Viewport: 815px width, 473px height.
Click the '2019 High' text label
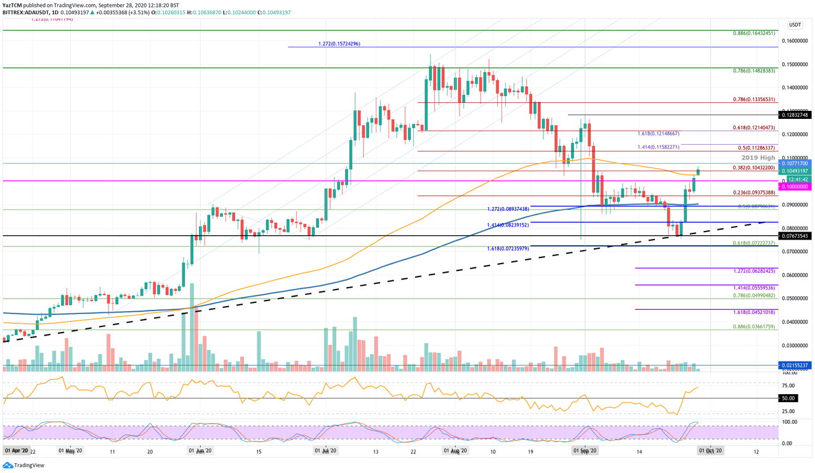pos(759,158)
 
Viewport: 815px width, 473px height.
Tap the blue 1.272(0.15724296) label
pos(339,44)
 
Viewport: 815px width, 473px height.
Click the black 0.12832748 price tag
pos(796,115)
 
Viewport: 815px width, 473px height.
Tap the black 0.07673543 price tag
pos(796,236)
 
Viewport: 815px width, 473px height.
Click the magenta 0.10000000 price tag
pos(796,187)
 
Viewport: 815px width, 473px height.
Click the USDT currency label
pos(795,25)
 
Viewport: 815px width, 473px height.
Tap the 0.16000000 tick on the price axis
pos(795,41)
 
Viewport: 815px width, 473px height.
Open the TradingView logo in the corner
pos(23,466)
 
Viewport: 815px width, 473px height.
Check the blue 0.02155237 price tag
pos(796,365)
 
